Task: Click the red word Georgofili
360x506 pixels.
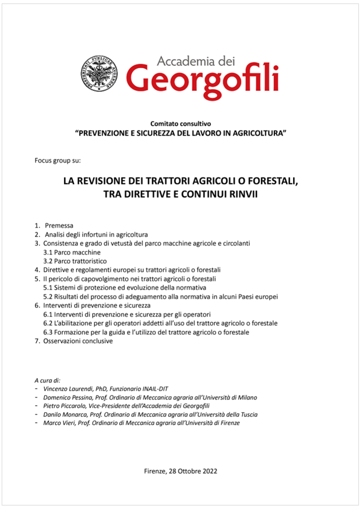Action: coord(202,79)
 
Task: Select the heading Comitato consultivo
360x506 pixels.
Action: coord(180,123)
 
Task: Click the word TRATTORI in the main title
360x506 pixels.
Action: coord(168,182)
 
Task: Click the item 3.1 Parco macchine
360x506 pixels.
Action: coord(72,252)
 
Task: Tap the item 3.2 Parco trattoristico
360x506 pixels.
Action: coord(75,261)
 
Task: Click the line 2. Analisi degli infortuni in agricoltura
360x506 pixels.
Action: coord(91,234)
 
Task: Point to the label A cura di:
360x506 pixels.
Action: coord(47,380)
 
